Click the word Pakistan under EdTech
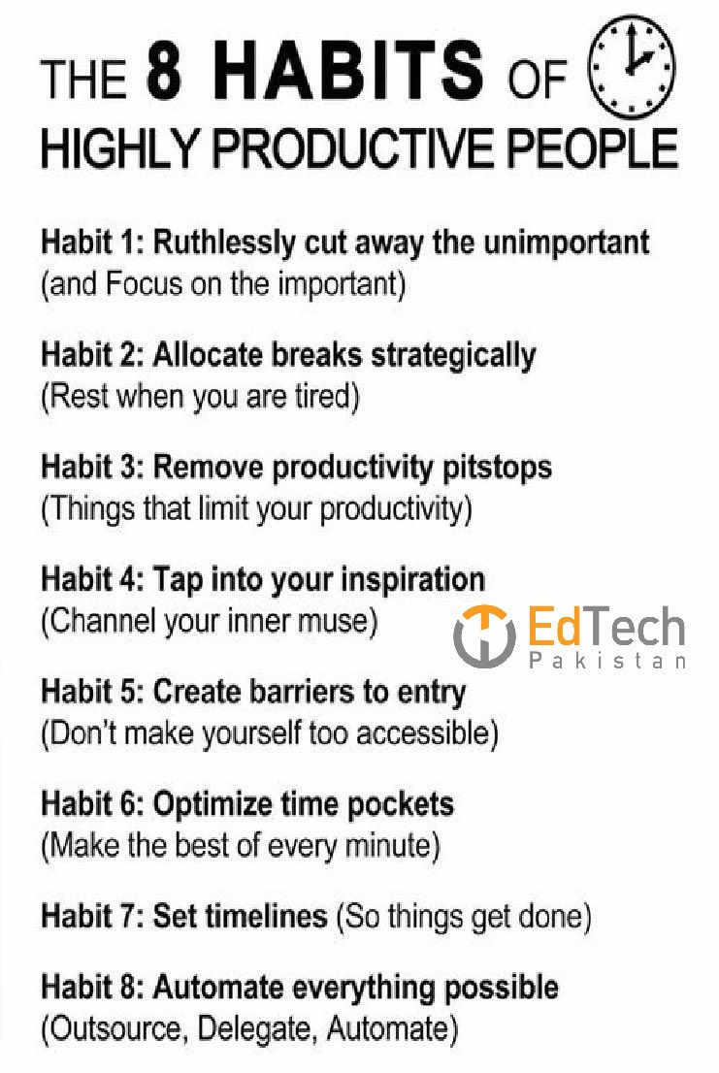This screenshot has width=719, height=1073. click(x=608, y=661)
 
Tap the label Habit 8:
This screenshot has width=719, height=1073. click(x=91, y=988)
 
